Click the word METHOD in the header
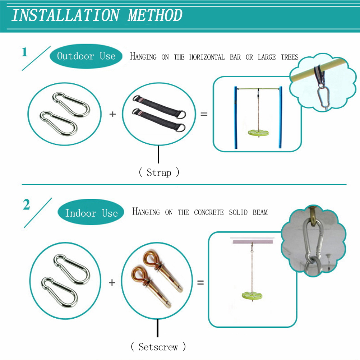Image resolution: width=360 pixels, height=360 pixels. [x=155, y=15]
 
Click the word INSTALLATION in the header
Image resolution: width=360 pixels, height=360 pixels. [x=66, y=15]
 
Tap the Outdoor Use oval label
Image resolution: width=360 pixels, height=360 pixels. [x=86, y=56]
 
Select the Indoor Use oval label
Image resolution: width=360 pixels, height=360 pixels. [x=91, y=212]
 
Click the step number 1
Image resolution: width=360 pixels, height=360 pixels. [x=24, y=52]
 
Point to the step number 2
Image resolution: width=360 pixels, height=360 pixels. [x=26, y=204]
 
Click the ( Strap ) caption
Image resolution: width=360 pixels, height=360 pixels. [x=159, y=172]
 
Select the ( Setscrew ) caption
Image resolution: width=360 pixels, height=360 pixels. [x=158, y=347]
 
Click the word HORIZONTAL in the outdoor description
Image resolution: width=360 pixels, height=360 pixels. [x=207, y=57]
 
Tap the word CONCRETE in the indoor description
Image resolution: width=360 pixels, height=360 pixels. [x=209, y=212]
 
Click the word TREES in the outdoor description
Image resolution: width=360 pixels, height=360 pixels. [x=290, y=57]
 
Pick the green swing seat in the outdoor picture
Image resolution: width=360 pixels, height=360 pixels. [x=258, y=133]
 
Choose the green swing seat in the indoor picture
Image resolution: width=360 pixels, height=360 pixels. [x=252, y=295]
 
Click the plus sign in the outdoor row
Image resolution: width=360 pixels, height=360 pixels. [x=112, y=114]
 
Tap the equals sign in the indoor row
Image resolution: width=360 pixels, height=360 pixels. [x=200, y=282]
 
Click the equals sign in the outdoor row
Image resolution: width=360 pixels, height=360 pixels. [x=204, y=114]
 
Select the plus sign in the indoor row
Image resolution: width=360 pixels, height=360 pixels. [x=112, y=282]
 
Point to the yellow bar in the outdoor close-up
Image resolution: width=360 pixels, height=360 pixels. [x=319, y=70]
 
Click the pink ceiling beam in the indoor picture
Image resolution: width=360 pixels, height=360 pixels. [x=253, y=241]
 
